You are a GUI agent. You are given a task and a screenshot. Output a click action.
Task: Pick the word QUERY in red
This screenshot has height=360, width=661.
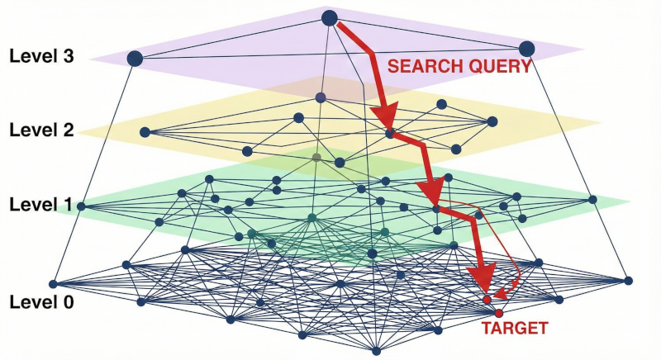pos(494,67)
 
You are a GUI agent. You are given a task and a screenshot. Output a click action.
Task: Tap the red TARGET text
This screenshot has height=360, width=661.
pos(514,329)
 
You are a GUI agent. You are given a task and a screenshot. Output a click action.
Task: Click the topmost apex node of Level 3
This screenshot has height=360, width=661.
pos(329,17)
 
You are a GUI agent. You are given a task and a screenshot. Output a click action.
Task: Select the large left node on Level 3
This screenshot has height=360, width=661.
pos(135,58)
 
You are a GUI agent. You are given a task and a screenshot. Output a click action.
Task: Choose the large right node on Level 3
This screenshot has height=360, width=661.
pos(526,49)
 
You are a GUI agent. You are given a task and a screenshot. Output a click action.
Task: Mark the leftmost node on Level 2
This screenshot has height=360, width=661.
pos(145,131)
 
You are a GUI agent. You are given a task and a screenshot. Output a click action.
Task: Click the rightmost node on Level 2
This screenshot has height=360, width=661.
pos(492,121)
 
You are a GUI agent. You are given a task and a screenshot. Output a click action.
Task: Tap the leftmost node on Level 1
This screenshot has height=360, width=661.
pos(81,206)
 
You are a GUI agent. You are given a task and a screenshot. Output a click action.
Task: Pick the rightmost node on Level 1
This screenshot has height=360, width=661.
pos(592,199)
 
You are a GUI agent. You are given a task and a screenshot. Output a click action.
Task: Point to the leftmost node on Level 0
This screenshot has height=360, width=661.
pos(53,283)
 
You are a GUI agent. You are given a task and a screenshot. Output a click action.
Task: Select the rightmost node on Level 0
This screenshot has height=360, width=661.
pos(628,281)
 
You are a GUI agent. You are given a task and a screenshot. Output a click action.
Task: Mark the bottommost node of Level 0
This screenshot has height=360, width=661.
pos(376,350)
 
